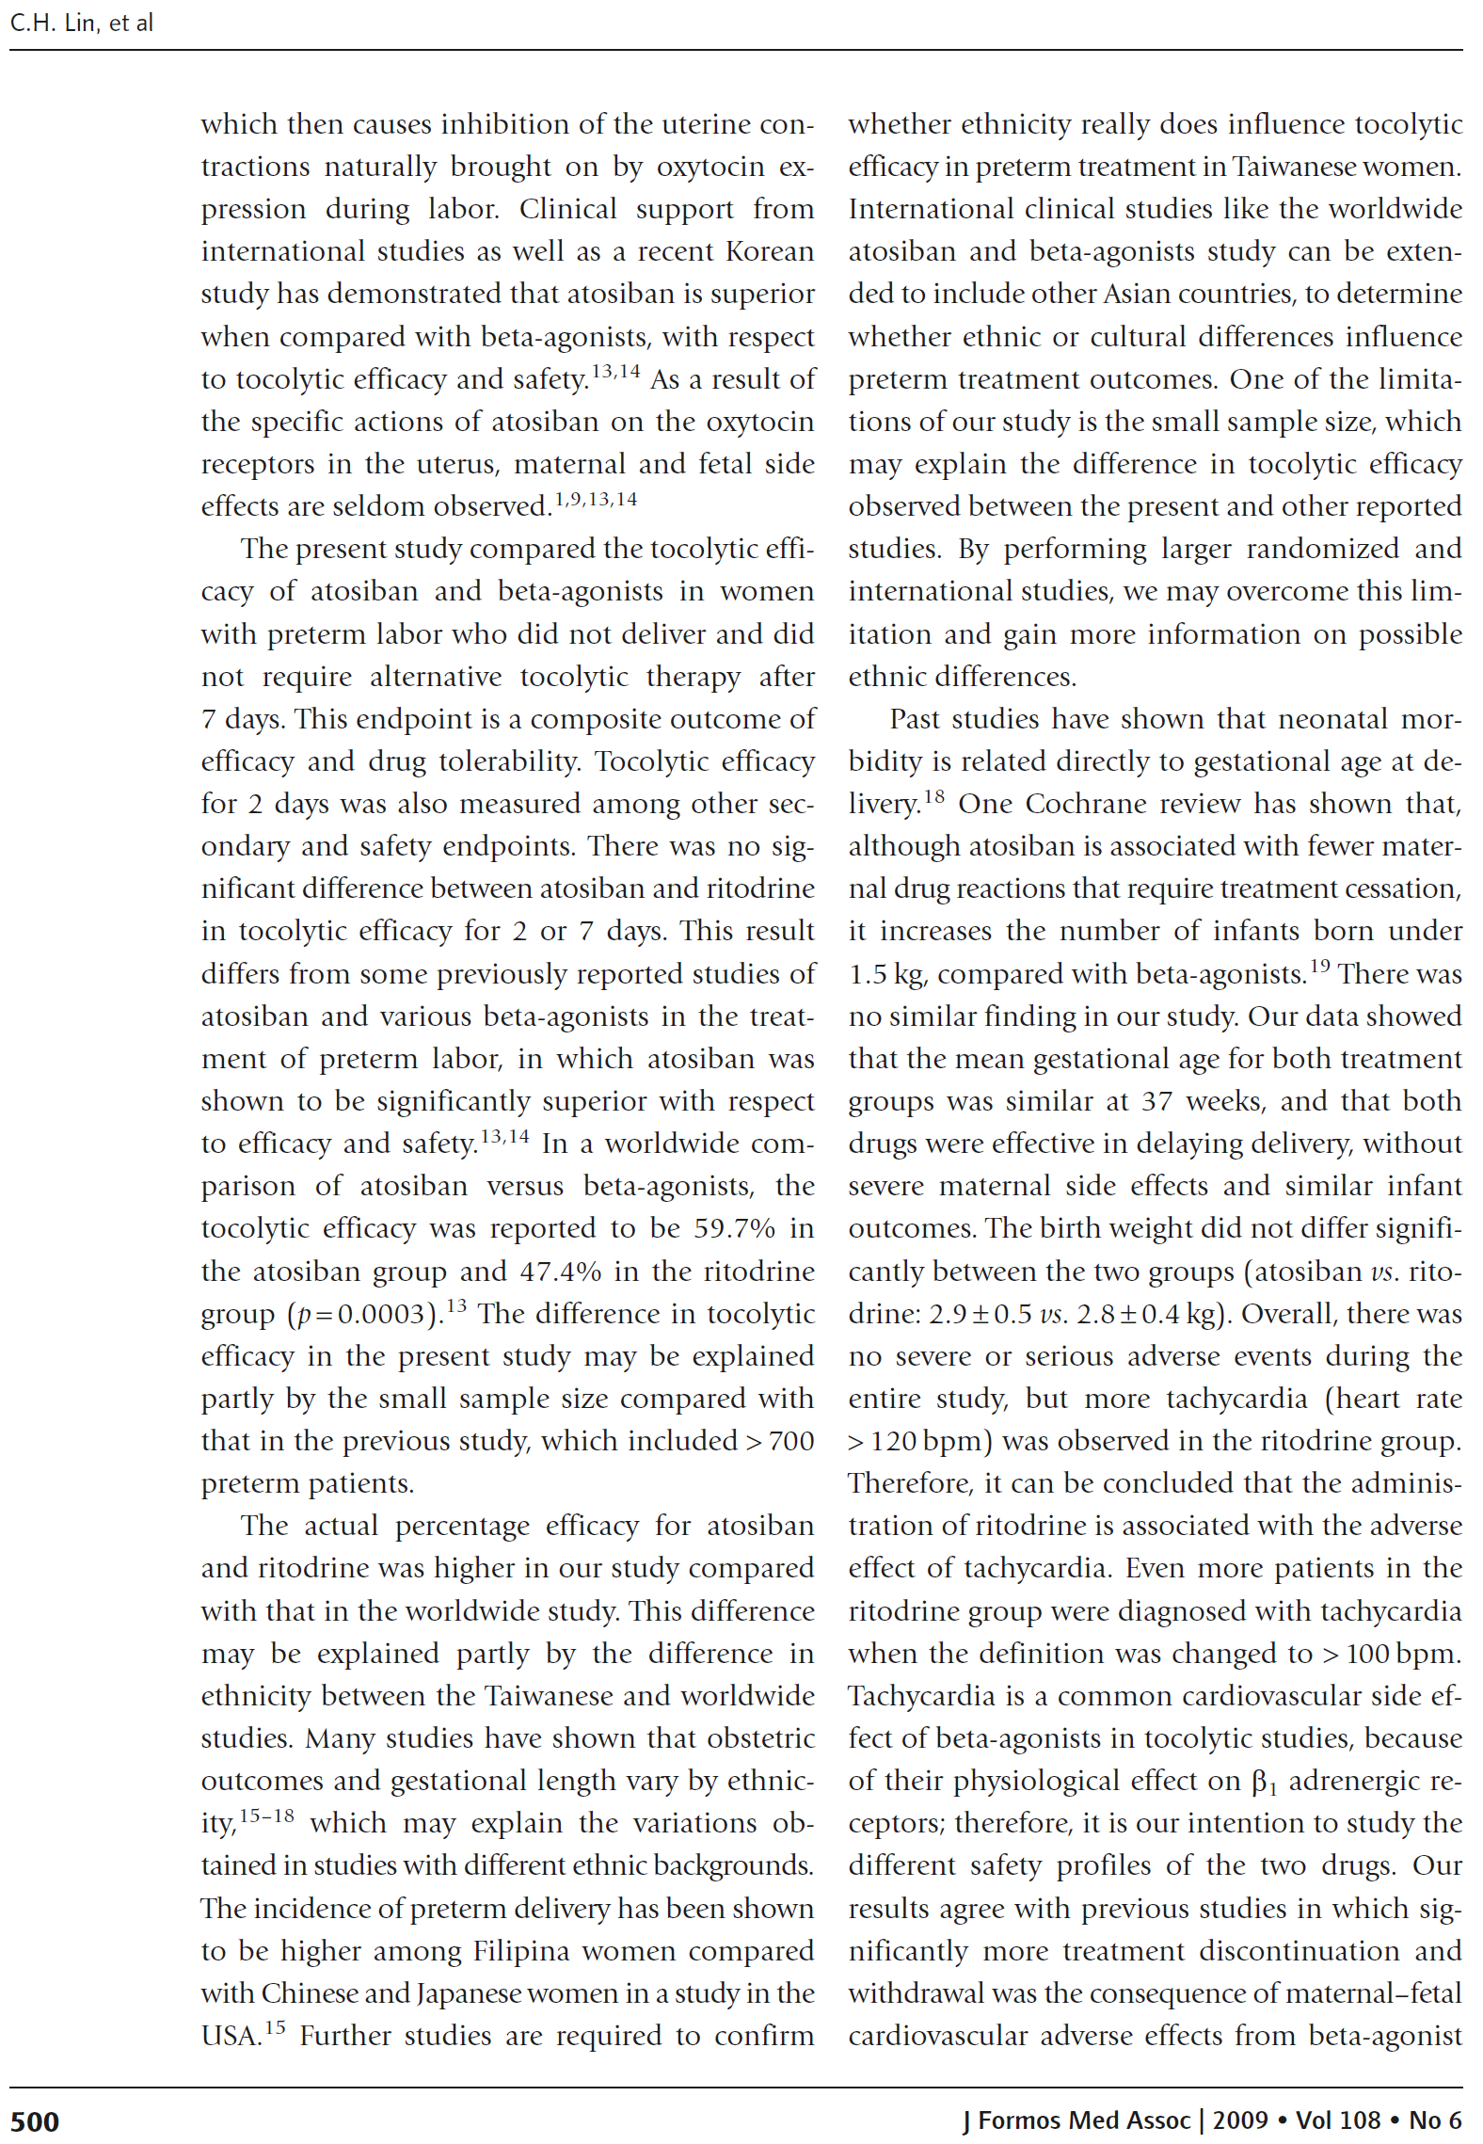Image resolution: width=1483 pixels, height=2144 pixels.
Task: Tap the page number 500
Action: click(35, 2121)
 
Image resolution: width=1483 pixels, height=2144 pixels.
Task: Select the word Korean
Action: click(766, 252)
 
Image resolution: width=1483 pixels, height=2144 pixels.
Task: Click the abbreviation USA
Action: click(231, 2036)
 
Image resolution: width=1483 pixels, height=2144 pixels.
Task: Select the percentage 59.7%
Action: click(735, 1228)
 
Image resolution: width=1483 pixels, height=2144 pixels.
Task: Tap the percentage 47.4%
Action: click(560, 1272)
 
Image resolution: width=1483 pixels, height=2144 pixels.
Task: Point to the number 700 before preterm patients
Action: click(790, 1441)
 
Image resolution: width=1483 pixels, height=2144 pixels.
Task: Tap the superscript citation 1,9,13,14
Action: click(595, 499)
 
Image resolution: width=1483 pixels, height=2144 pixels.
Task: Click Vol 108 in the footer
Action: click(1337, 2120)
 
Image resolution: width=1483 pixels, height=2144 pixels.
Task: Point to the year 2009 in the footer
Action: click(1240, 2120)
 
